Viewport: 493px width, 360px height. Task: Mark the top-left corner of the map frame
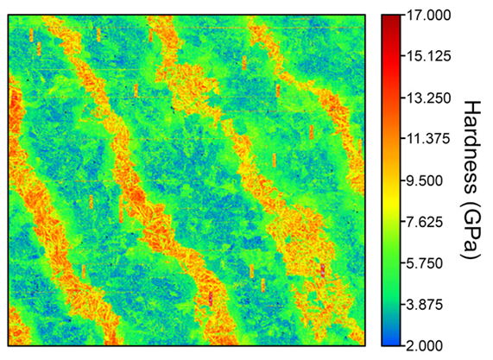pyautogui.click(x=8, y=15)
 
